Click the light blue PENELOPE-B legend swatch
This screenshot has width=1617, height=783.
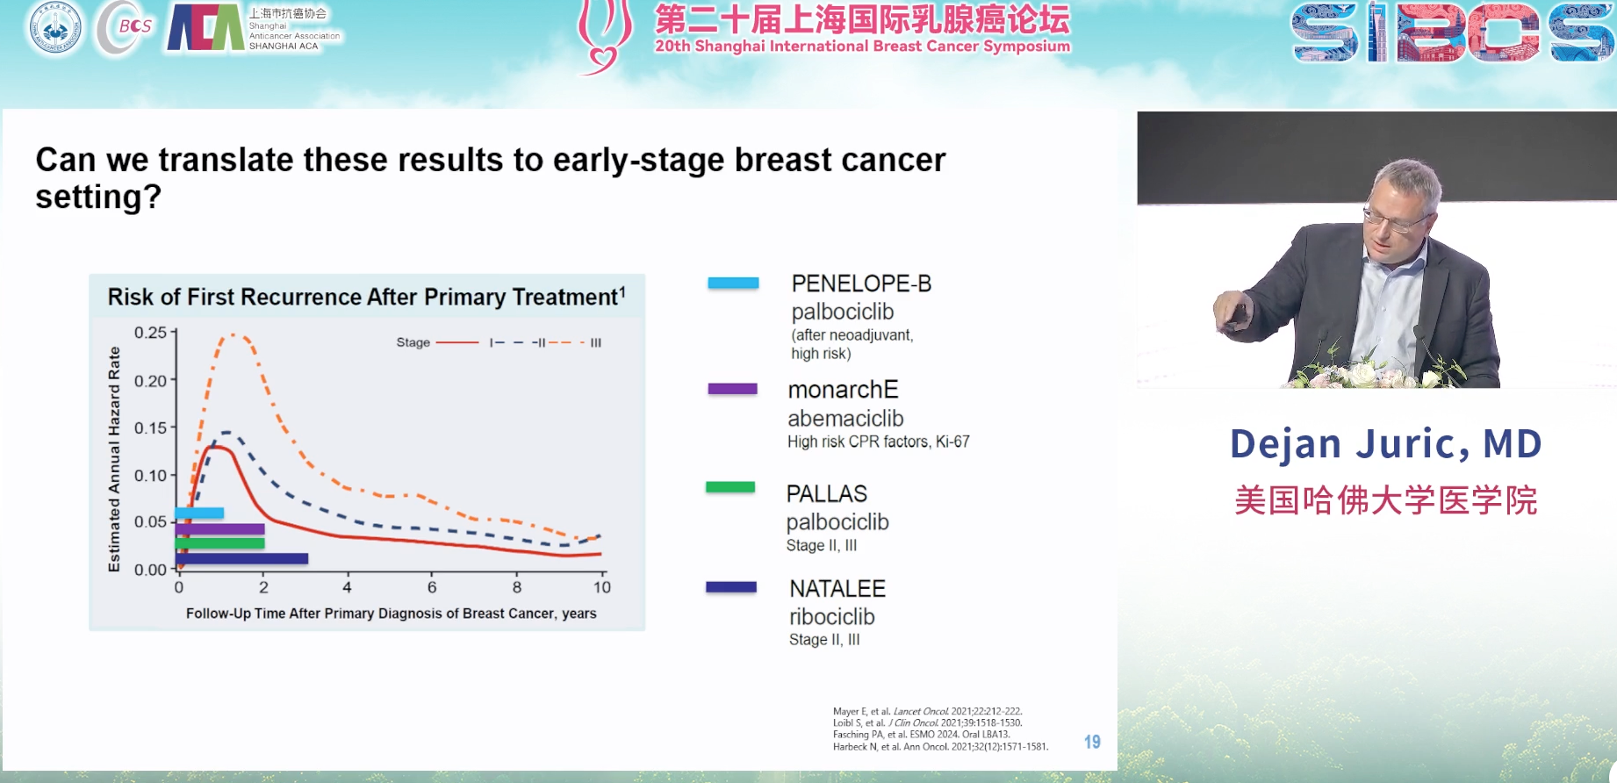(x=733, y=283)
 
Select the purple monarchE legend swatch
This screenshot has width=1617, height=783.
(x=732, y=389)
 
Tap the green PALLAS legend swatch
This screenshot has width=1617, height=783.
(x=730, y=487)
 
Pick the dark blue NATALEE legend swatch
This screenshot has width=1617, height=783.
(x=730, y=587)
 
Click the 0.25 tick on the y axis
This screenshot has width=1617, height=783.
(x=150, y=333)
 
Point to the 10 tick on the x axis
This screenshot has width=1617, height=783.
(x=601, y=587)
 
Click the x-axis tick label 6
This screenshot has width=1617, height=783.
(x=432, y=587)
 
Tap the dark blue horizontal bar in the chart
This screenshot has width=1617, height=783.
(x=241, y=558)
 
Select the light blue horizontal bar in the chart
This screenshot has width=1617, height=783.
(x=199, y=513)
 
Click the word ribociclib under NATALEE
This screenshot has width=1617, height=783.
(x=831, y=616)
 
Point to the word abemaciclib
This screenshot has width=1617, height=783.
(x=845, y=419)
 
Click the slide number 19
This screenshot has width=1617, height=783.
(x=1092, y=742)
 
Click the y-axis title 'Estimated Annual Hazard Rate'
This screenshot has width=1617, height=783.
(x=114, y=459)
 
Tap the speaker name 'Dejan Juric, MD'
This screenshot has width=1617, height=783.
(x=1385, y=443)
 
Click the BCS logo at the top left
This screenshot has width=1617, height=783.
(x=126, y=27)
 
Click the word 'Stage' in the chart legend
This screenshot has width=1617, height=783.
(x=413, y=342)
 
